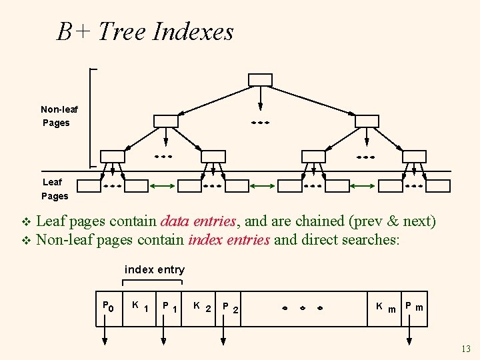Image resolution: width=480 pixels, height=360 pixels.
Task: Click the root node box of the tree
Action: coord(260,80)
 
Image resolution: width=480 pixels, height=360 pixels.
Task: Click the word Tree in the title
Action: coord(122,31)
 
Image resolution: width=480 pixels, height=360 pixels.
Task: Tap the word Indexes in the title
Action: coord(193,31)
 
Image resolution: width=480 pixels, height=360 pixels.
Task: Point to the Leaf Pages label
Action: coord(54,189)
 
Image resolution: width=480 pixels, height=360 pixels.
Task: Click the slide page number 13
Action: coord(465,349)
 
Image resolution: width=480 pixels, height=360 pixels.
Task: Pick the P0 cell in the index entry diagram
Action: coord(109,308)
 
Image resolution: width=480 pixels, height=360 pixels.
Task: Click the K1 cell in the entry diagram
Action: coord(139,308)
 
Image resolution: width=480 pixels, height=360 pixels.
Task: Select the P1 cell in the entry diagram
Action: coord(169,308)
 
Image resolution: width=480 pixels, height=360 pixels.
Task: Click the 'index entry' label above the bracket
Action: coord(155,269)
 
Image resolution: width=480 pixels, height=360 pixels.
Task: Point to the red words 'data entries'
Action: coord(199,221)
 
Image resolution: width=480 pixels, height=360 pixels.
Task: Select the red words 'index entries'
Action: coord(230,240)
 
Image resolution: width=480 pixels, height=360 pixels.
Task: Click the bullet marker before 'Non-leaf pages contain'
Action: coord(26,240)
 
